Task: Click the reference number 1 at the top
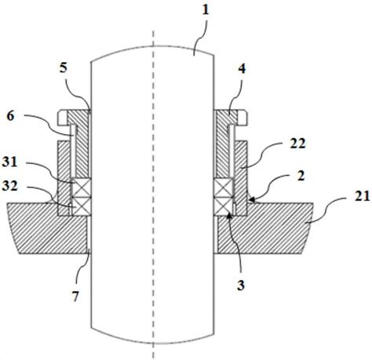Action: coord(206,10)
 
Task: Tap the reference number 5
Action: coord(63,68)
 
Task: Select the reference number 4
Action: coord(242,69)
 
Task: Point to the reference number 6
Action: coord(10,116)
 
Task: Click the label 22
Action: coord(297,144)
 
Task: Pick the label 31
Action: coord(9,162)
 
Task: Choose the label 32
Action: coord(9,186)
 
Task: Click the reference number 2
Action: coord(301,176)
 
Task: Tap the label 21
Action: coord(363,196)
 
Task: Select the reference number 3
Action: coord(241,285)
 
